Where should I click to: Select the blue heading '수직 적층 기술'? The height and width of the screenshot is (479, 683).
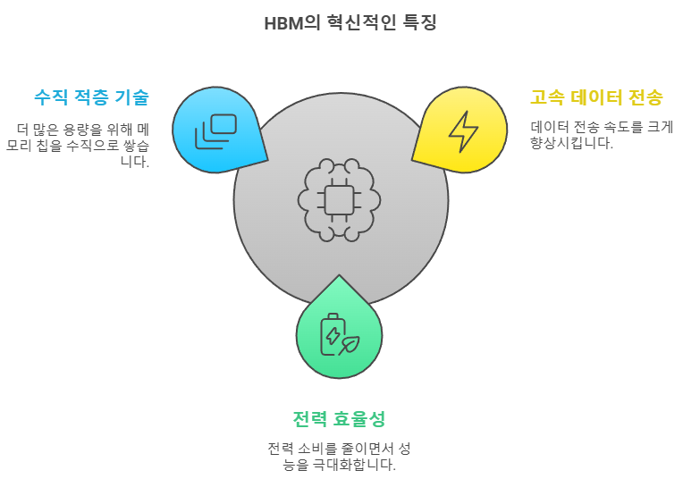(91, 97)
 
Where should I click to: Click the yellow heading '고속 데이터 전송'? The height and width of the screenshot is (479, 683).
(597, 97)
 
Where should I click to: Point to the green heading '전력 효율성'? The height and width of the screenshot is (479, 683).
(339, 418)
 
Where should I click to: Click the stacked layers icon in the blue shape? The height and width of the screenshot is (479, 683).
(216, 130)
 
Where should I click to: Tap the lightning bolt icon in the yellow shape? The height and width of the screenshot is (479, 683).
(463, 130)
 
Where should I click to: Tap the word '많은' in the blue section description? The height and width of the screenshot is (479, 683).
(44, 129)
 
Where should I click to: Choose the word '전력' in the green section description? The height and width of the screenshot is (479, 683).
(281, 448)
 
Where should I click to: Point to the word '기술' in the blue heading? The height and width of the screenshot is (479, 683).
(131, 97)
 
